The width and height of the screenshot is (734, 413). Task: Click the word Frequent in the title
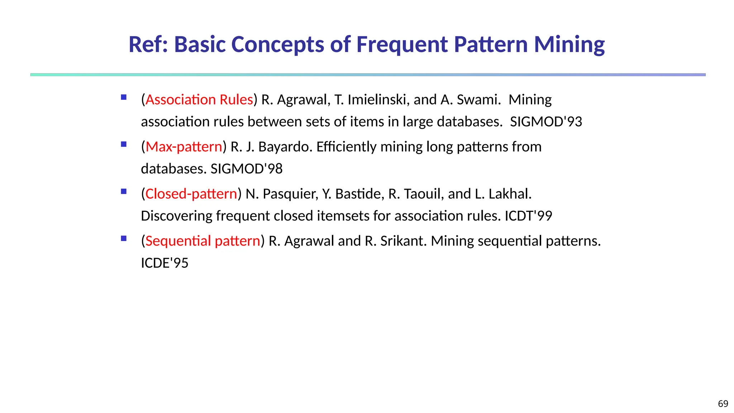tap(402, 44)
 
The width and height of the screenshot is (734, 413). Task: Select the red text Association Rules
tap(199, 100)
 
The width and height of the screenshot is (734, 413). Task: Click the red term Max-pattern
tap(184, 147)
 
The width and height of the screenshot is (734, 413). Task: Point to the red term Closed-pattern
tap(191, 194)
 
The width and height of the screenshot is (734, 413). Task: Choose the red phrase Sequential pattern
tap(203, 241)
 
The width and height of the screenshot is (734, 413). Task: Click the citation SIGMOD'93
tap(546, 122)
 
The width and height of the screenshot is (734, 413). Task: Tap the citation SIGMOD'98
tap(247, 169)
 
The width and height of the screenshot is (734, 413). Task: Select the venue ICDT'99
tap(528, 216)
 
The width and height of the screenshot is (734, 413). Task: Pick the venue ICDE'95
tap(165, 263)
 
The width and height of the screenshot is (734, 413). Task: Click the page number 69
tap(723, 404)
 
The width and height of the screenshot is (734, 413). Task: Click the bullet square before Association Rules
tap(124, 97)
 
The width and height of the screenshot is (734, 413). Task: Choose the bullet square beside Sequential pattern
tap(124, 238)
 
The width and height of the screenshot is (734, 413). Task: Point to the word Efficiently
tap(346, 147)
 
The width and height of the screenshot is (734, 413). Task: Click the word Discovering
tap(176, 216)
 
